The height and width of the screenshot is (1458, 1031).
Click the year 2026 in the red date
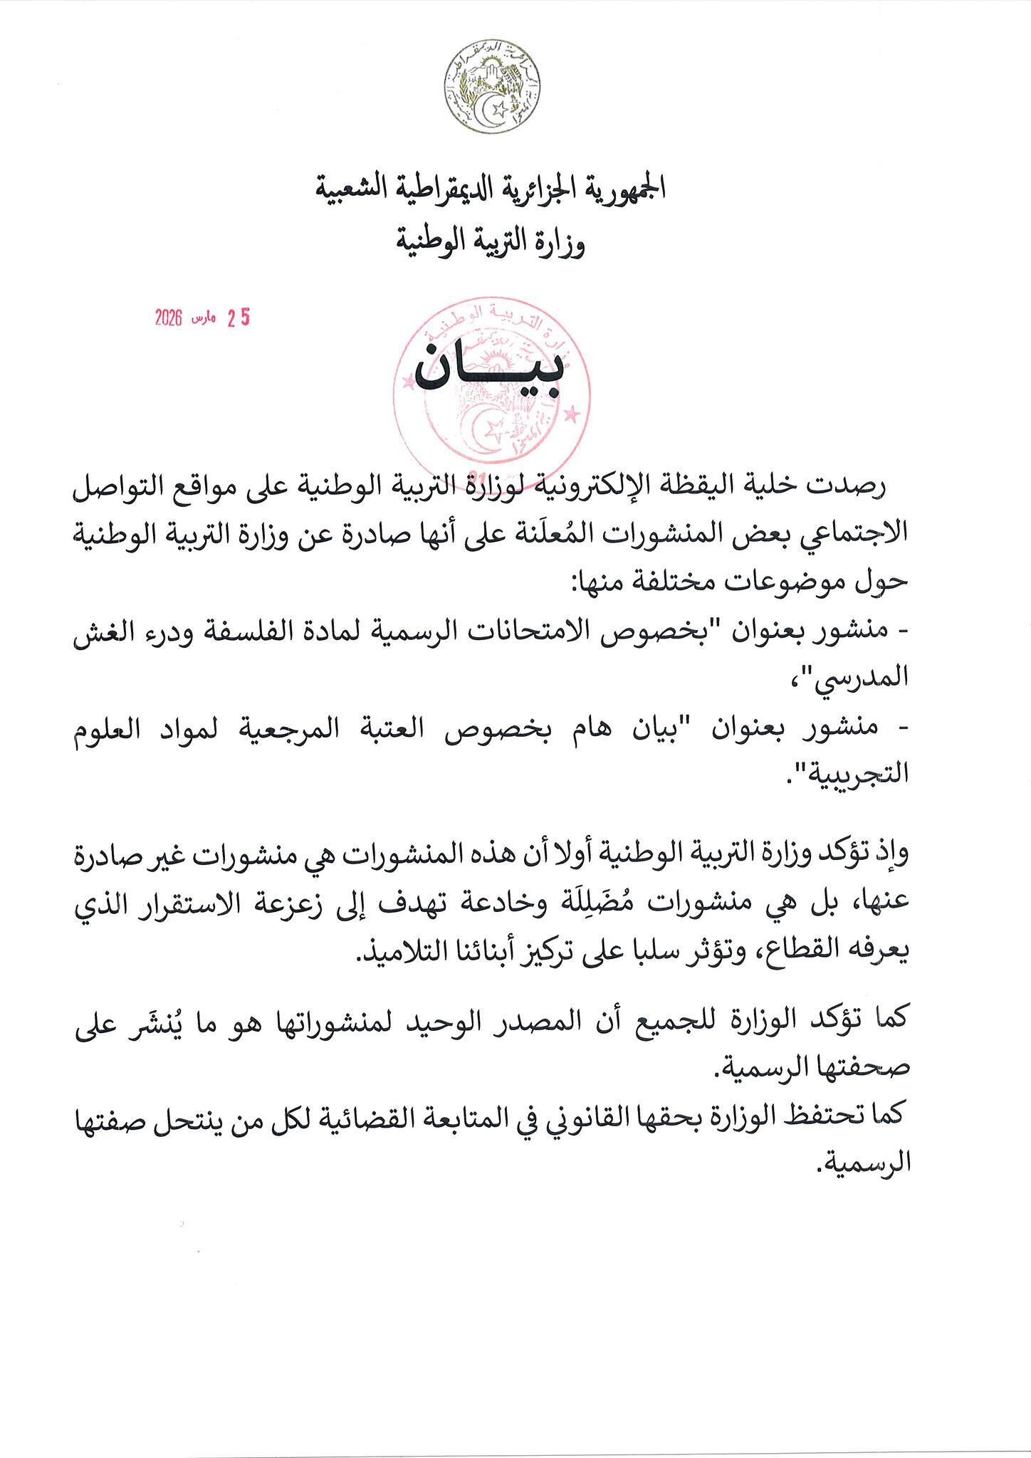coord(169,319)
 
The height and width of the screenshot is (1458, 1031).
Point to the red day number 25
coord(239,319)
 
